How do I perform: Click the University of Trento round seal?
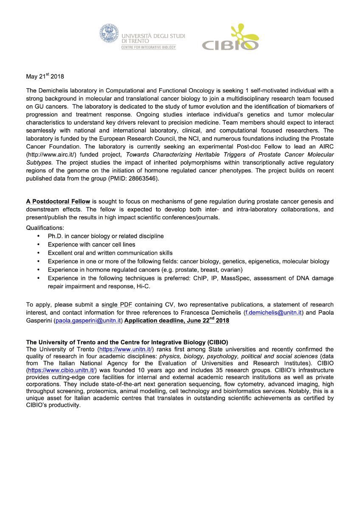[110, 34]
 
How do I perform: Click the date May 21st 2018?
[45, 77]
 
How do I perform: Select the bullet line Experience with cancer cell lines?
[91, 244]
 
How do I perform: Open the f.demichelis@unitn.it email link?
[273, 313]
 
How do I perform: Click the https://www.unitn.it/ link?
[126, 350]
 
